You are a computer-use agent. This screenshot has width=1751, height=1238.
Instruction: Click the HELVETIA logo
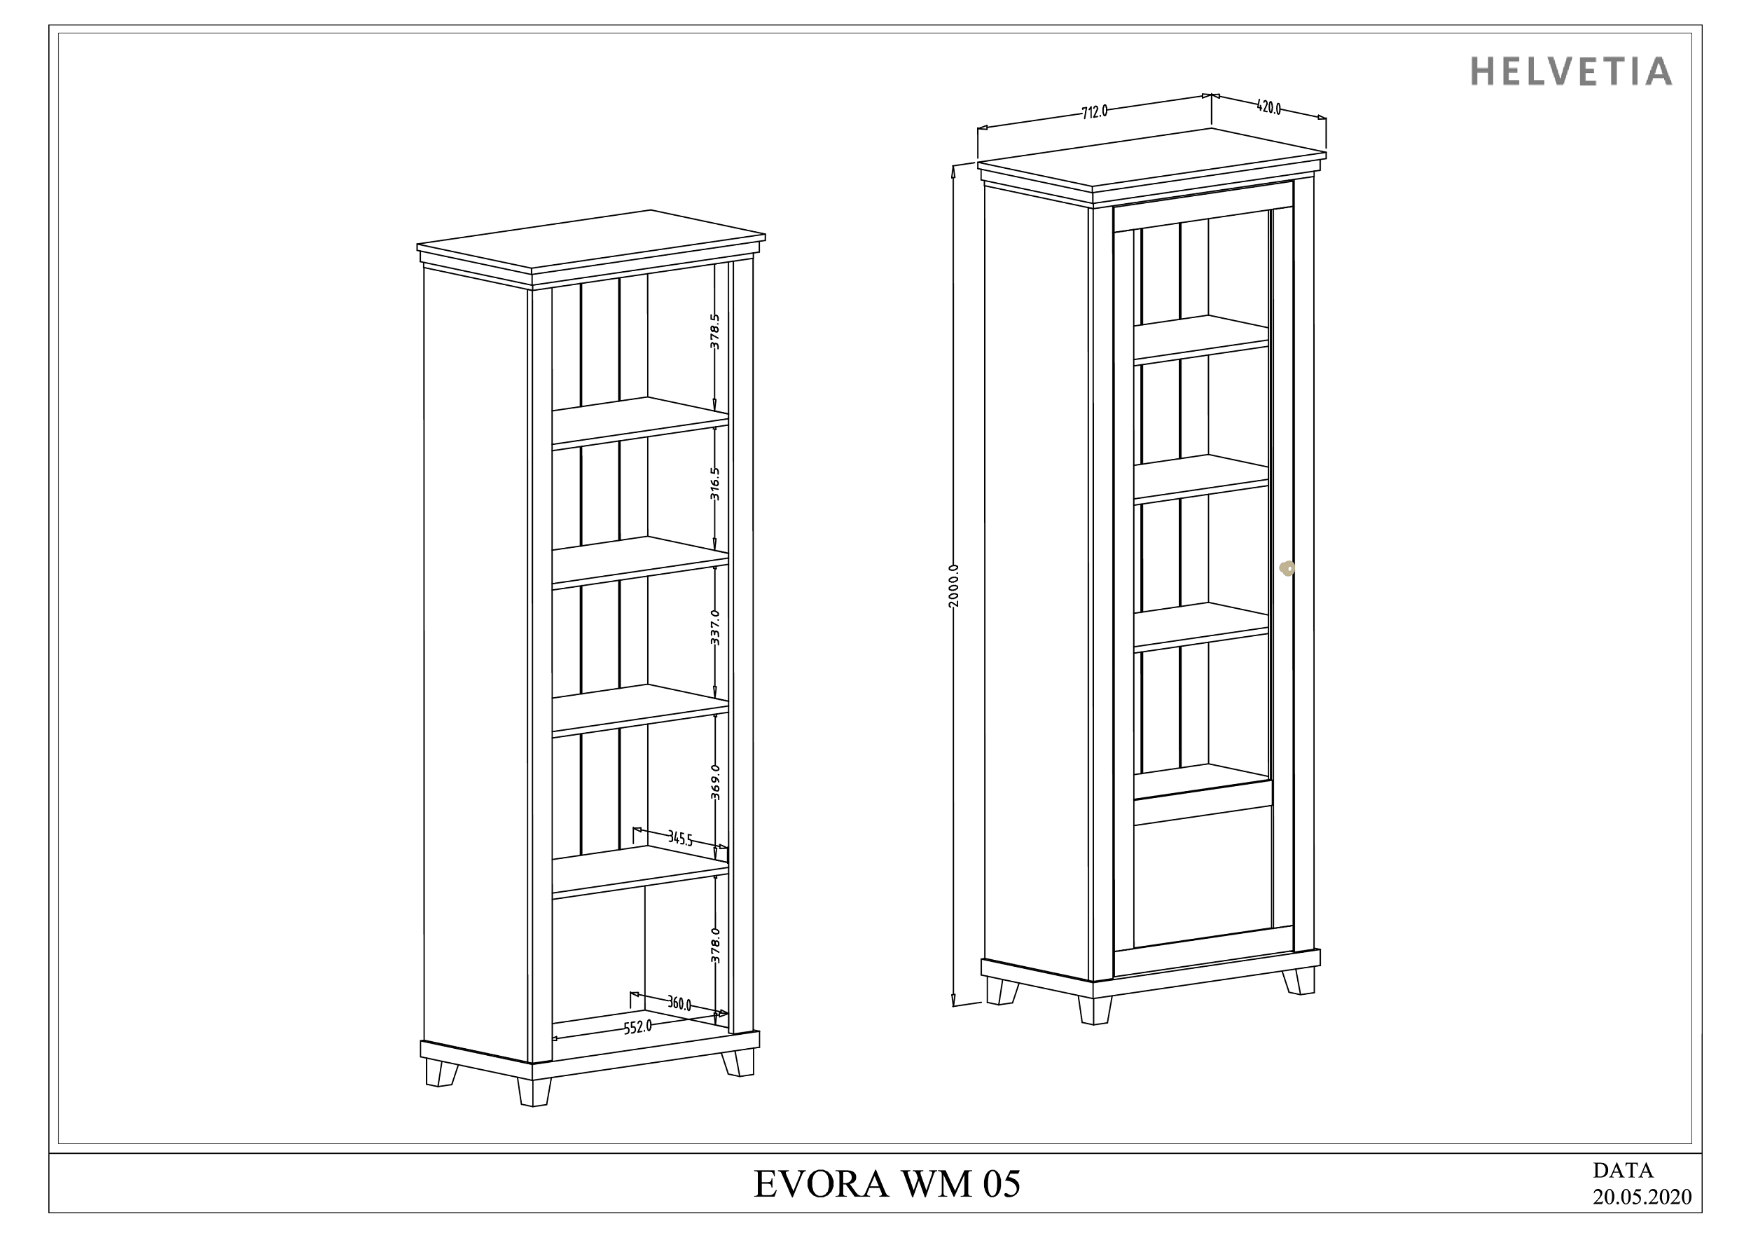(1572, 71)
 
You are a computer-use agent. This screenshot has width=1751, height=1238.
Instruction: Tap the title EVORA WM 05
(887, 1185)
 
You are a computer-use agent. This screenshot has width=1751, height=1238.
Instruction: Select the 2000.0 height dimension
(954, 586)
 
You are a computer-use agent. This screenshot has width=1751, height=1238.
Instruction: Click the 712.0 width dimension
(1094, 111)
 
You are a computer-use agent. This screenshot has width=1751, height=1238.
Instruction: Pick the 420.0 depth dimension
(1268, 108)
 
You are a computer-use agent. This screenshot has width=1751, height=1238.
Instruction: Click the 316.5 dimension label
(714, 483)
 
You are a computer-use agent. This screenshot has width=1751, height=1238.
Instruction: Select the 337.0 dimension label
(714, 627)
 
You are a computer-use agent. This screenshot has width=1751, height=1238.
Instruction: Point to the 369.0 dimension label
(714, 782)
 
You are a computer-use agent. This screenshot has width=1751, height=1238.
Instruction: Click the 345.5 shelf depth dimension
(680, 839)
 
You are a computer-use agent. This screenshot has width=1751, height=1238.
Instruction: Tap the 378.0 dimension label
(714, 945)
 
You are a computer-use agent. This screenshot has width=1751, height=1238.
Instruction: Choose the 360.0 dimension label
(679, 1004)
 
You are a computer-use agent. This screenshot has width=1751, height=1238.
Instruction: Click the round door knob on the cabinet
(1287, 568)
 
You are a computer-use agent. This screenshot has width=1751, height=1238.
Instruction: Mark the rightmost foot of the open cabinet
(738, 1063)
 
